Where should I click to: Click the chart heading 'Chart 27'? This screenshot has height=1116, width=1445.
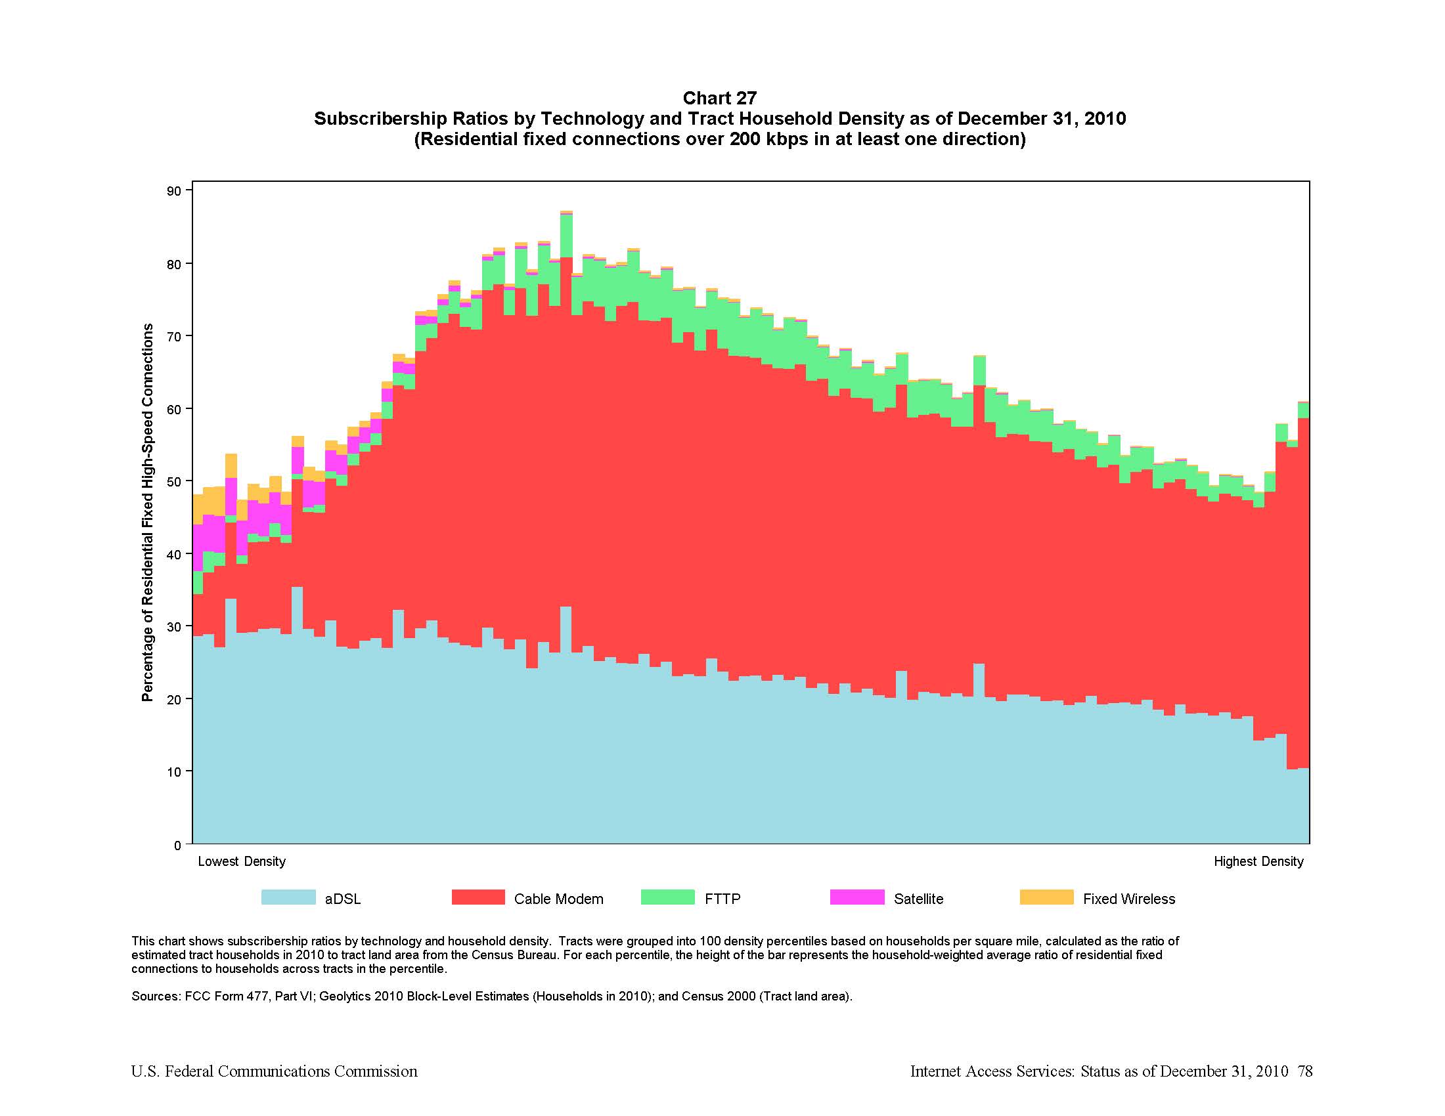click(x=719, y=98)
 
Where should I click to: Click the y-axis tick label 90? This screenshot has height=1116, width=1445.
click(x=174, y=191)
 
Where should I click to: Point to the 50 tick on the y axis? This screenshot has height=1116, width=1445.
click(x=174, y=481)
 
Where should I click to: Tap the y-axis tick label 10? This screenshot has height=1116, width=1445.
click(x=174, y=771)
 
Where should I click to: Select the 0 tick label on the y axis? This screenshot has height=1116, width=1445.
click(x=177, y=845)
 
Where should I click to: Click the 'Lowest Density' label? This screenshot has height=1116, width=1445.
click(x=242, y=861)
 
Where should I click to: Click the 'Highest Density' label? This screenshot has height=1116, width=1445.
click(x=1258, y=861)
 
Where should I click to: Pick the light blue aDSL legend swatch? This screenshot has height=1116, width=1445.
click(x=288, y=897)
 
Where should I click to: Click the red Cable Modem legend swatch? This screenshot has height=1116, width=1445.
click(x=478, y=897)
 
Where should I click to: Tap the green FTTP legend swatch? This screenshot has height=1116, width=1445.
click(x=667, y=897)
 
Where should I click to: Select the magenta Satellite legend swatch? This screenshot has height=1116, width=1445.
click(x=856, y=897)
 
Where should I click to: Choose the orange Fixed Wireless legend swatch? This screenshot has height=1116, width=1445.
click(x=1046, y=897)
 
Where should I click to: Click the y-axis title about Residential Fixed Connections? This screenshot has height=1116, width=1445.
click(x=148, y=513)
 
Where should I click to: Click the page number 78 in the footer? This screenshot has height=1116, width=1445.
click(x=1304, y=1071)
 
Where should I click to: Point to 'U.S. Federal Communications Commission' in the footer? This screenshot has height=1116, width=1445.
click(x=274, y=1071)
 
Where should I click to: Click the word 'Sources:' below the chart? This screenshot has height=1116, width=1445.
click(x=156, y=997)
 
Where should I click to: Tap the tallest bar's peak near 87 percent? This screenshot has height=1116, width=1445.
click(x=566, y=212)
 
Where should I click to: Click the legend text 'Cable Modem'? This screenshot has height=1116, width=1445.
click(x=558, y=899)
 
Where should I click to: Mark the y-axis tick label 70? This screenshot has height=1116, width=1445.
click(x=174, y=337)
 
